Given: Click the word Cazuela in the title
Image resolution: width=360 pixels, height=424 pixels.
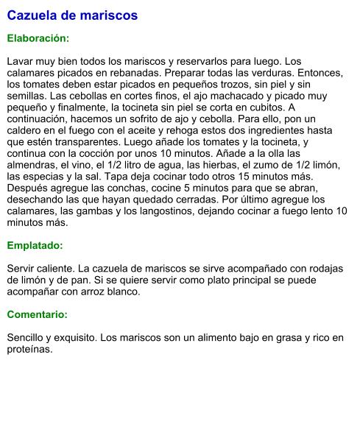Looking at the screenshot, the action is [33, 15].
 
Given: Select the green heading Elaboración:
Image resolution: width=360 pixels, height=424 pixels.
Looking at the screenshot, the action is [38, 38].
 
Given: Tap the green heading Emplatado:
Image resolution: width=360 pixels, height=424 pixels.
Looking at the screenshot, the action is [35, 246].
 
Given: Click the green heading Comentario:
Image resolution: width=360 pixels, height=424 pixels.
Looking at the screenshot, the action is [37, 314].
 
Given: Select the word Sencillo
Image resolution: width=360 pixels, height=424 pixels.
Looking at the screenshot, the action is [29, 338].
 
